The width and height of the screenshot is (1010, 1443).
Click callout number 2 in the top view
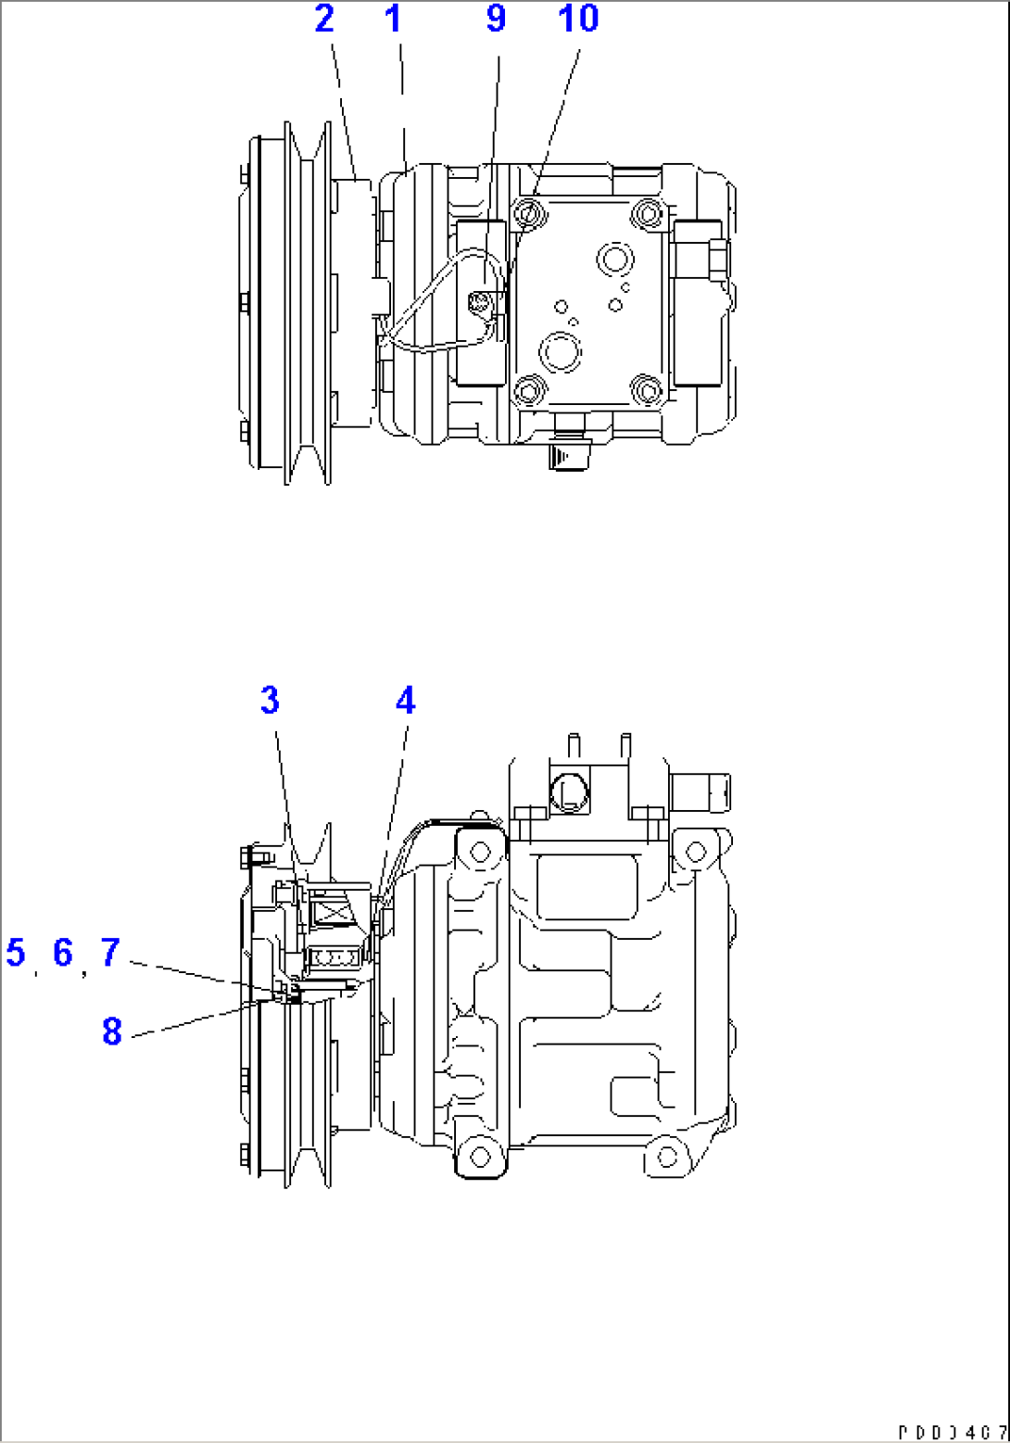[323, 18]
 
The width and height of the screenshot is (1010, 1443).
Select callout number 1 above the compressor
[394, 18]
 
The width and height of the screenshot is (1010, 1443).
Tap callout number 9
[496, 18]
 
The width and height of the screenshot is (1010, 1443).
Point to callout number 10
[578, 18]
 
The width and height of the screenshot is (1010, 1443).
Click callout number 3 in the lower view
[270, 700]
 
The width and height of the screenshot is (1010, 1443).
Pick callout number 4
[405, 700]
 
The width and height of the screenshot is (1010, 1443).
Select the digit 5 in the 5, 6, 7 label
[16, 952]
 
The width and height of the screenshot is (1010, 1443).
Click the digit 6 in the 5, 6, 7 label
[62, 952]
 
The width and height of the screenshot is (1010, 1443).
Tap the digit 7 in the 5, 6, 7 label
[110, 952]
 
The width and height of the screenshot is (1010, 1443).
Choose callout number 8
[111, 1031]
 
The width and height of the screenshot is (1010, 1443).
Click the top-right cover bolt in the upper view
[645, 213]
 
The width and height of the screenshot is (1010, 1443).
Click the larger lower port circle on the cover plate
[562, 351]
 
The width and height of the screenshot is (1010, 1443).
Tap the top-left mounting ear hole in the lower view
[478, 850]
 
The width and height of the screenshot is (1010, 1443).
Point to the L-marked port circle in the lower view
[569, 790]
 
